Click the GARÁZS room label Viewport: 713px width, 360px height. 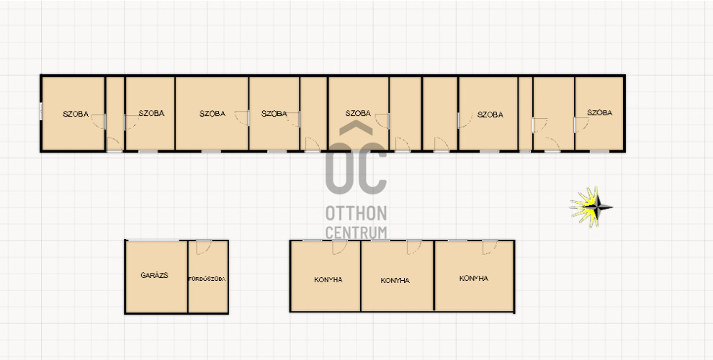coord(155,275)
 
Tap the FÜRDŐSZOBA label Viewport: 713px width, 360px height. coord(207,279)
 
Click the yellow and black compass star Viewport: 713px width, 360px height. coord(591,207)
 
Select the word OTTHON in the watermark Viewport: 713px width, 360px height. coord(356,213)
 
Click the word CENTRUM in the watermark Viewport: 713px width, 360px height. coord(356,233)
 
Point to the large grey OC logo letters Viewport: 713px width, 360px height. coord(356,168)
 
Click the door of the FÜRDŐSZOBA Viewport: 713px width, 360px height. coord(203,247)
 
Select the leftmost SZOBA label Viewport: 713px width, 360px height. coord(76,114)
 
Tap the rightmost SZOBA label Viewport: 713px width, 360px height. coord(599,113)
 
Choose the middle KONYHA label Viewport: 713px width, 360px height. coord(395,281)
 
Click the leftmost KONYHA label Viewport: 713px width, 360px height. coord(328,279)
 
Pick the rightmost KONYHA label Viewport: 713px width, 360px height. coord(474,278)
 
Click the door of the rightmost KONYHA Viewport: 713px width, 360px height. coord(490,247)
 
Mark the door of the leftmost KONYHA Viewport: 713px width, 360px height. coord(339,247)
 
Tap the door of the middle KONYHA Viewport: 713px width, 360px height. coord(414,247)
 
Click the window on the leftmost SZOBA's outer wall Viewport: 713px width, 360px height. coord(41,112)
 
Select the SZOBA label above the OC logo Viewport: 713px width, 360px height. coord(358,113)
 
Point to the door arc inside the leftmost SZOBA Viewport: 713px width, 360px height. coord(98,122)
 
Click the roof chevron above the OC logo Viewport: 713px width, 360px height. coord(356,128)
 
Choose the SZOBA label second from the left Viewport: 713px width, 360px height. coord(151,113)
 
